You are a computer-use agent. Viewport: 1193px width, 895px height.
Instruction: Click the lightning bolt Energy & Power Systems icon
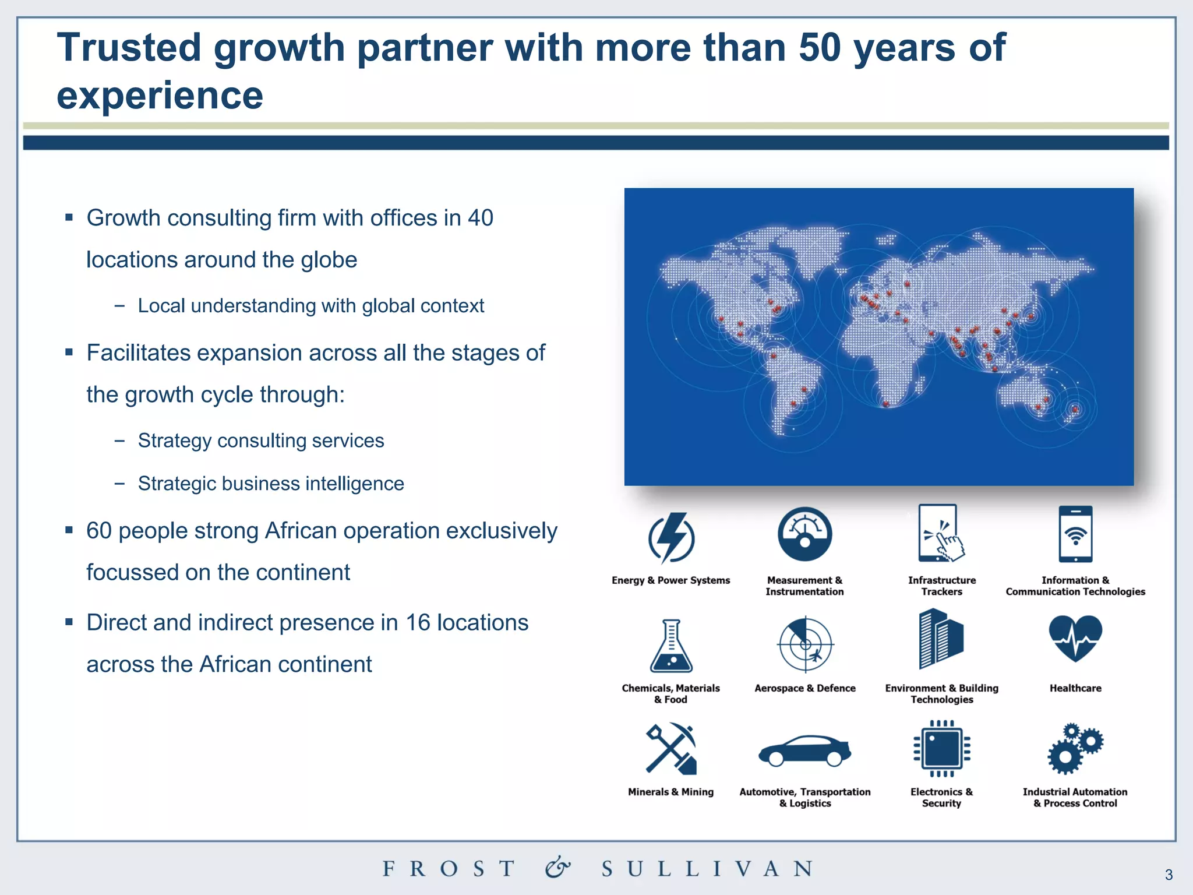point(671,537)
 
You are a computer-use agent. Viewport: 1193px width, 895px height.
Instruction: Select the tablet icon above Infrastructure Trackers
point(940,533)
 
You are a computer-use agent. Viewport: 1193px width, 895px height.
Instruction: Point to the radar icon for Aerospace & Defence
point(806,644)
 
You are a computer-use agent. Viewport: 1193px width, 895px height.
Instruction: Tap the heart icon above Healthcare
point(1075,638)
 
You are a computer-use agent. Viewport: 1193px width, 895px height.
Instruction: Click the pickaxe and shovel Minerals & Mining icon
point(671,749)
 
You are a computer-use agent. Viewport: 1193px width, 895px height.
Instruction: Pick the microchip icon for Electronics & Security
point(941,749)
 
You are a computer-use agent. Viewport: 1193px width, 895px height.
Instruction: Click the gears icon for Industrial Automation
point(1075,749)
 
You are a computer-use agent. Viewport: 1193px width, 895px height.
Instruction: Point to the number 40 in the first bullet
point(481,218)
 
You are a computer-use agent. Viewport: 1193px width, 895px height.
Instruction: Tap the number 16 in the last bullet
point(418,622)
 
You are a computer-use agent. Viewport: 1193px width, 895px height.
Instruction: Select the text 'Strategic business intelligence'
point(271,484)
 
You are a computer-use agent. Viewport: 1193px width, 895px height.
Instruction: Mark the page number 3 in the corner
point(1169,875)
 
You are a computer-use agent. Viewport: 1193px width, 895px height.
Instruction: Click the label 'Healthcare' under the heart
point(1075,688)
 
